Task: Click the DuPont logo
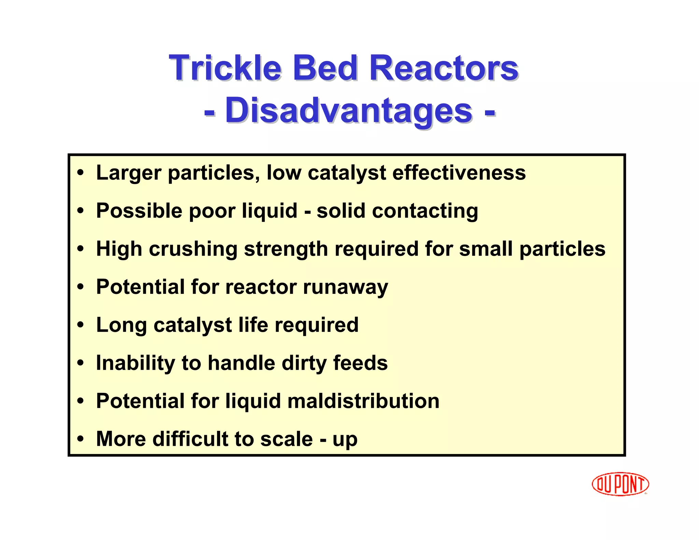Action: coord(620,484)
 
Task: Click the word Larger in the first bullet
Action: coord(129,173)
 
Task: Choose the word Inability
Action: coord(135,363)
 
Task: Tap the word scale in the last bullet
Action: coord(286,439)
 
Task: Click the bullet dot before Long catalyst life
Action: coord(81,325)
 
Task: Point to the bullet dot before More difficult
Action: coord(81,439)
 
